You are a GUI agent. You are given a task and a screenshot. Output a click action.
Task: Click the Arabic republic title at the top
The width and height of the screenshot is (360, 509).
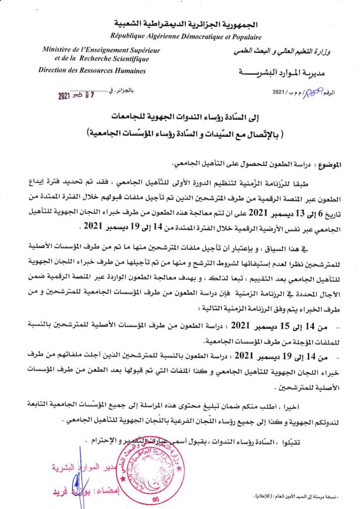pos(180,23)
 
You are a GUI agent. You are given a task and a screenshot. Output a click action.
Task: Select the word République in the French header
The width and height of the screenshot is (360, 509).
pos(130,36)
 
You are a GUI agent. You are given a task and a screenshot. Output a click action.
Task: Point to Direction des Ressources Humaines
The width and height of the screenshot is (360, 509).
pos(92,70)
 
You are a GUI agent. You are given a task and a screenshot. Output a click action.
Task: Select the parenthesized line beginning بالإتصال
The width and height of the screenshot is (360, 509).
pos(180,133)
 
